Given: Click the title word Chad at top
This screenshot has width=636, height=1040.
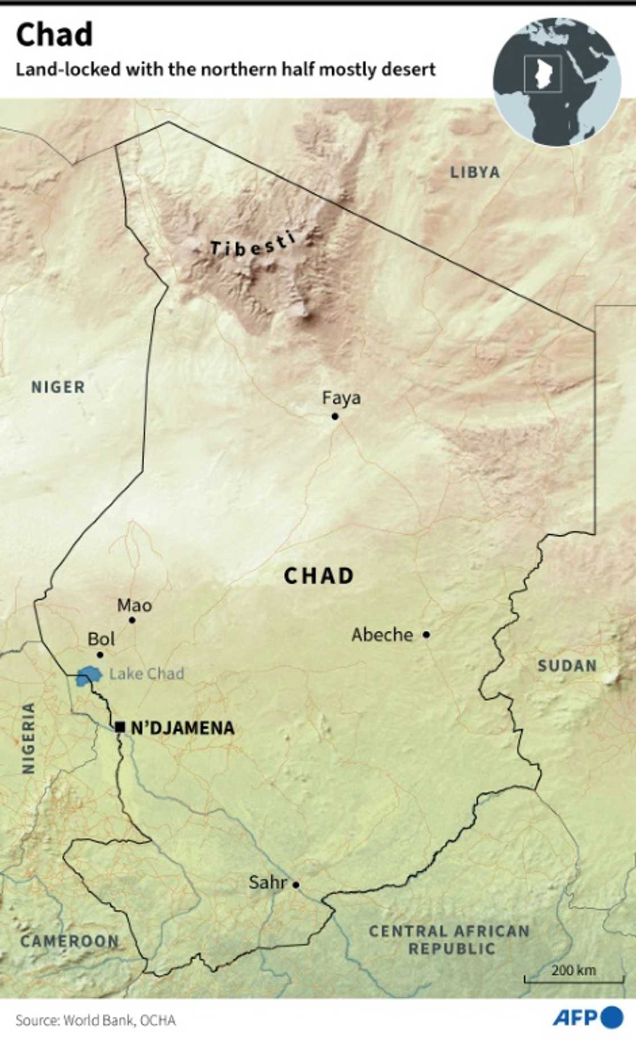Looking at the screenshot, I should click(x=54, y=35).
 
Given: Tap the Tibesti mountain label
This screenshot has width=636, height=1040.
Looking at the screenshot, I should click(x=253, y=244).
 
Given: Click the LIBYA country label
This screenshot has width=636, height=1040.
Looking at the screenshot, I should click(x=475, y=172).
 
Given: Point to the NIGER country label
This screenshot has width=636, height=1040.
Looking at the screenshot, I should click(x=58, y=387).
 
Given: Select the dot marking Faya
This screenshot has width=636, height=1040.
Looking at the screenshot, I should click(x=335, y=417).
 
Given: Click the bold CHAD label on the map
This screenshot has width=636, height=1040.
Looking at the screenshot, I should click(x=319, y=576).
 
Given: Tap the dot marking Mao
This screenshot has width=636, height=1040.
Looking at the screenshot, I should click(x=132, y=620).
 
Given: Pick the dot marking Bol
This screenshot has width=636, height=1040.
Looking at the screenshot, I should click(x=100, y=655).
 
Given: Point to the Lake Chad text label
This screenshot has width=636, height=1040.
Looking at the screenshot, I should click(x=147, y=674).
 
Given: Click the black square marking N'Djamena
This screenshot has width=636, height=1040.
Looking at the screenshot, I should click(x=120, y=727).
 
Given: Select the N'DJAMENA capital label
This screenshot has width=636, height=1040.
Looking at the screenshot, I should click(x=182, y=728).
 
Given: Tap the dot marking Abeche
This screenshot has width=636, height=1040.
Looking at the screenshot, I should click(x=426, y=634).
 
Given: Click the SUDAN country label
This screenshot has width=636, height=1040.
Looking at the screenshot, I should click(x=567, y=665).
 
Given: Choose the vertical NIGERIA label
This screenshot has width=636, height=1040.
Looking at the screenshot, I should click(x=28, y=738).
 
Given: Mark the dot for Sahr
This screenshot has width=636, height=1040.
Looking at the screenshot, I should click(x=296, y=885).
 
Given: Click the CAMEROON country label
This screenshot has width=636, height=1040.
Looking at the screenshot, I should click(x=69, y=941).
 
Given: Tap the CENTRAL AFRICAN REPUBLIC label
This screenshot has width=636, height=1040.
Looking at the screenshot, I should click(x=449, y=939).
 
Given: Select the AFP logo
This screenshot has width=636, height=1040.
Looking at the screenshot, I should click(x=588, y=1017).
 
